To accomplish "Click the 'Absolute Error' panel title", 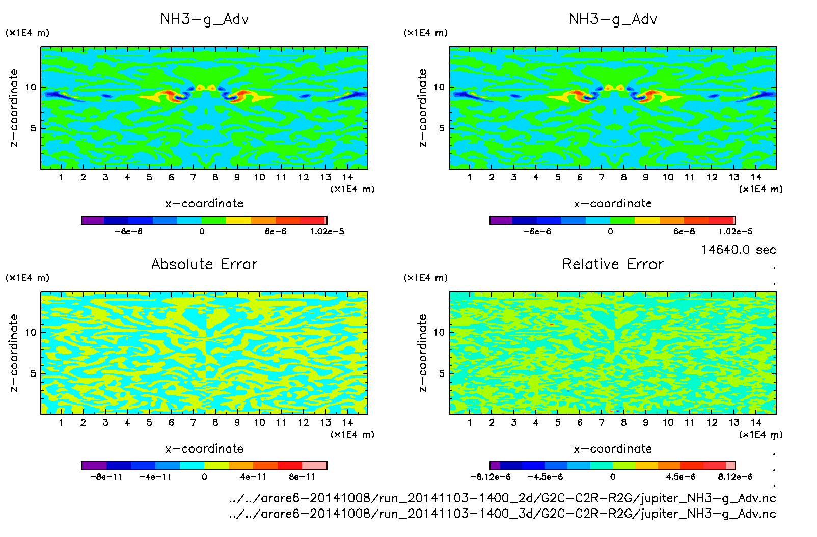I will click(204, 264).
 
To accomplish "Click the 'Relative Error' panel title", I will click(613, 264).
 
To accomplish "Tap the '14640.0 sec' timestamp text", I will click(738, 250).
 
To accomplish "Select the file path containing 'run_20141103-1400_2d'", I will click(502, 498).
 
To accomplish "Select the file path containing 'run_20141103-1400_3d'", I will click(502, 513).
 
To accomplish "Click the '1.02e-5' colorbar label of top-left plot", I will click(326, 231).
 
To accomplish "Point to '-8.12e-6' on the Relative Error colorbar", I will click(490, 477).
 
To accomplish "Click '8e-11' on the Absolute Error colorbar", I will click(302, 477).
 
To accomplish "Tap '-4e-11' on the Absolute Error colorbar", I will click(155, 477).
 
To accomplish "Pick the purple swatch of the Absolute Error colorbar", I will click(94, 465).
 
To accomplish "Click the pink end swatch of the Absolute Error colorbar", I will click(314, 465).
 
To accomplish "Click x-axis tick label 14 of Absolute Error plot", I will click(348, 422).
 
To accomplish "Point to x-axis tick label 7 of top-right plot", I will click(602, 177).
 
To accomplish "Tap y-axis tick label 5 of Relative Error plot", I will click(442, 373).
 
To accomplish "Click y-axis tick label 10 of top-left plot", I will click(31, 87).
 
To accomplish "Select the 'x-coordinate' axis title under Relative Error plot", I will click(613, 449).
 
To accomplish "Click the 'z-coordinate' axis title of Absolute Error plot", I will click(14, 353).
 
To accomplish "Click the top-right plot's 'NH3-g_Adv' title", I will click(613, 19).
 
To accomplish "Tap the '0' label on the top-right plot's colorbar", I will click(610, 231).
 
